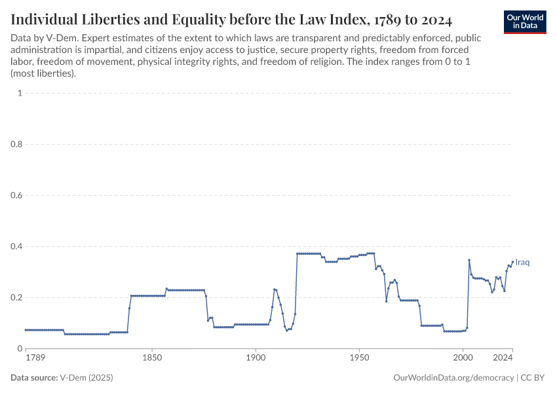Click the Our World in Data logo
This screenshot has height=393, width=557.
525,22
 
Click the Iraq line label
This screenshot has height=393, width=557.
522,263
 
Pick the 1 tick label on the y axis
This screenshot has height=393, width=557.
20,93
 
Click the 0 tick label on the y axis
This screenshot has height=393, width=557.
20,348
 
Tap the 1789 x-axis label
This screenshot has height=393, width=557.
35,358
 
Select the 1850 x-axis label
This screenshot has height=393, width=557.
152,358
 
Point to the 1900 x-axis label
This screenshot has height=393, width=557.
256,358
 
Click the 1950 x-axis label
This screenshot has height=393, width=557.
359,358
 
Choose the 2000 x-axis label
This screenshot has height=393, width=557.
463,358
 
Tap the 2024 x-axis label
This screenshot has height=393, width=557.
503,358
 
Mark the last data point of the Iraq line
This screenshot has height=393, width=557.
512,262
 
